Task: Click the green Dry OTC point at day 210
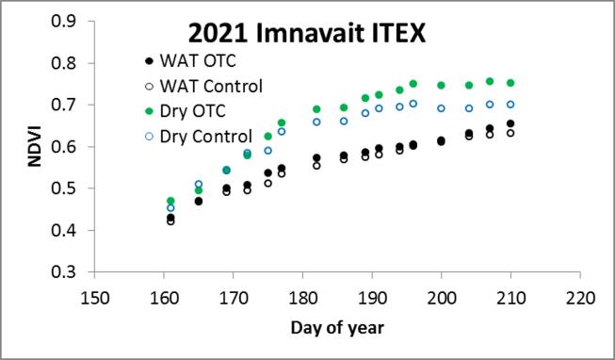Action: tap(510, 83)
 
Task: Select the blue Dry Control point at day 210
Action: tap(510, 105)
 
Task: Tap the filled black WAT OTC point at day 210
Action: tap(510, 123)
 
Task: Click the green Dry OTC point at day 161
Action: tap(170, 201)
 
